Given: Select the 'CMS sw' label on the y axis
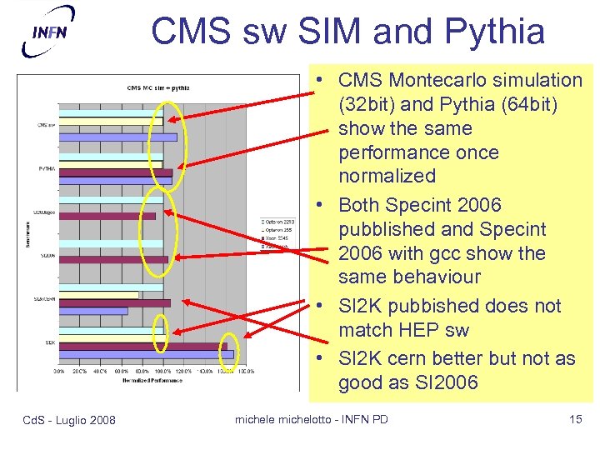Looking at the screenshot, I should coord(47,125).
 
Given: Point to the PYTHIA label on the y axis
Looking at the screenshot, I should coord(47,168).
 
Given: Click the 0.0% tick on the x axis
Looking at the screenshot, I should coord(60,371).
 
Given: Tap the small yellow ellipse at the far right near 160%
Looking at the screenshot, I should coord(228,352).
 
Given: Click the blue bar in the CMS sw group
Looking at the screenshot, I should coord(117,137).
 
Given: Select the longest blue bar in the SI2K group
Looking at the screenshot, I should coord(146,355).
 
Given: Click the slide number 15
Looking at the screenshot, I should coord(575,419).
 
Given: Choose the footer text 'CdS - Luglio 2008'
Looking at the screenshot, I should coord(70,419).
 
